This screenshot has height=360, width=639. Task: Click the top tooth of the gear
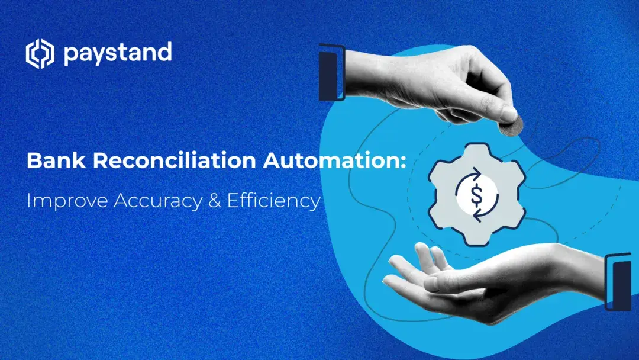coord(476,150)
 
